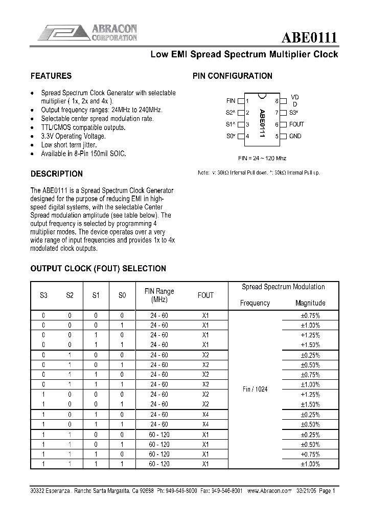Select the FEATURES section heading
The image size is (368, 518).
51,76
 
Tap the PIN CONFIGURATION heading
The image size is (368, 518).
232,76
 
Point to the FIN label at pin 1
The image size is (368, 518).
231,101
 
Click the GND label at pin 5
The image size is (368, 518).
295,136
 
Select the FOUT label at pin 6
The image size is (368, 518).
296,124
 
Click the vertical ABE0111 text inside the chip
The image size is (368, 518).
262,123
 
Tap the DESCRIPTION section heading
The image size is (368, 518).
56,174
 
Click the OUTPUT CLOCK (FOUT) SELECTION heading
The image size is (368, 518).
98,268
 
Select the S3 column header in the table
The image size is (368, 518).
43,295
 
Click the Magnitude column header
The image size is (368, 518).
310,303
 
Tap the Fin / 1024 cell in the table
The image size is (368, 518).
255,390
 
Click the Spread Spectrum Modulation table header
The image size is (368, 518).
283,287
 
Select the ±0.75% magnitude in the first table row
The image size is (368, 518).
310,316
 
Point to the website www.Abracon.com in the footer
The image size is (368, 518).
269,490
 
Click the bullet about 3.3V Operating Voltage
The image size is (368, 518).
73,136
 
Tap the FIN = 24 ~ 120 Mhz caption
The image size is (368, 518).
262,158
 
